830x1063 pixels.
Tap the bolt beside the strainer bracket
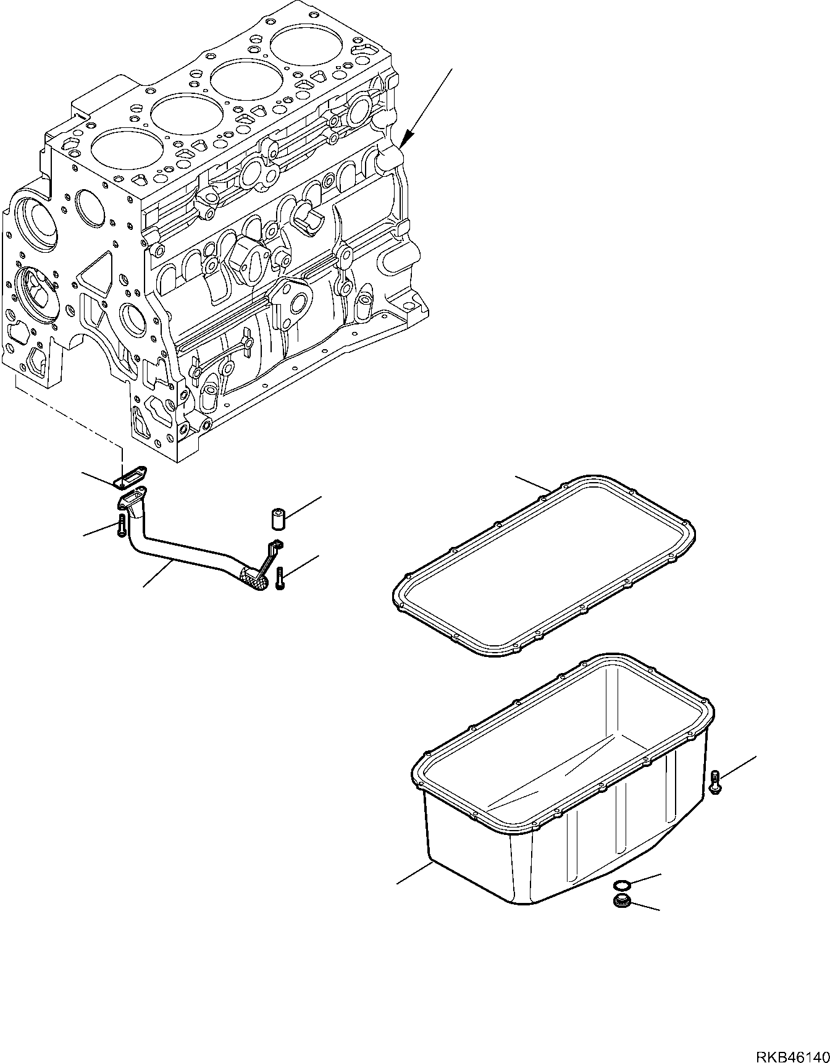pos(280,578)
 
